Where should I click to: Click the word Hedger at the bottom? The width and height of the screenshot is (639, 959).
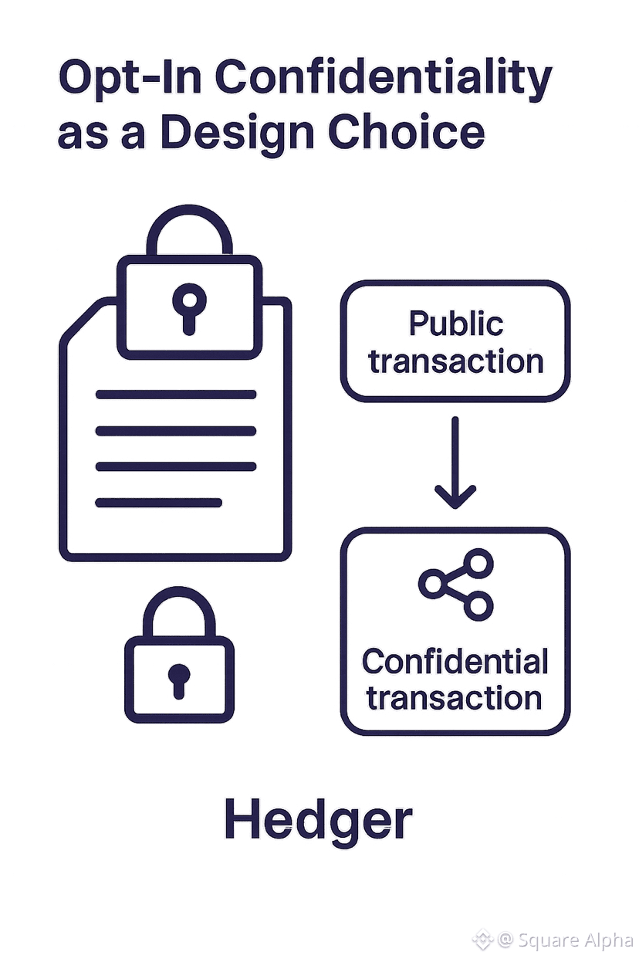click(318, 820)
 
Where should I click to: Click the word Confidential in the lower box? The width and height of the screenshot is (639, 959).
click(455, 662)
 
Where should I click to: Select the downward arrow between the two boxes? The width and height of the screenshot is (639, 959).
click(455, 463)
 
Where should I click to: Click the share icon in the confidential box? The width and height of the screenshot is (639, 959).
click(455, 584)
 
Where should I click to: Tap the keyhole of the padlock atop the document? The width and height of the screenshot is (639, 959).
click(189, 305)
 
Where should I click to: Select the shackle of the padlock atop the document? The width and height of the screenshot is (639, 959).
click(189, 228)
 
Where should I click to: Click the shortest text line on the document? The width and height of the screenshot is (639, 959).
click(158, 503)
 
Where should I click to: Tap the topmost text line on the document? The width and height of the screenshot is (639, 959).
click(175, 395)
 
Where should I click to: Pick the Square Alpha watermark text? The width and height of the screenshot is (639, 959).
click(574, 940)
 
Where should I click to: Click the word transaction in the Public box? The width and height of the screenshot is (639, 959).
click(455, 361)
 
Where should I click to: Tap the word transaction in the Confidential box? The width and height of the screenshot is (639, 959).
click(455, 698)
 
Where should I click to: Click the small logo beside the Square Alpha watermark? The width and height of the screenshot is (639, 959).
click(482, 940)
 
